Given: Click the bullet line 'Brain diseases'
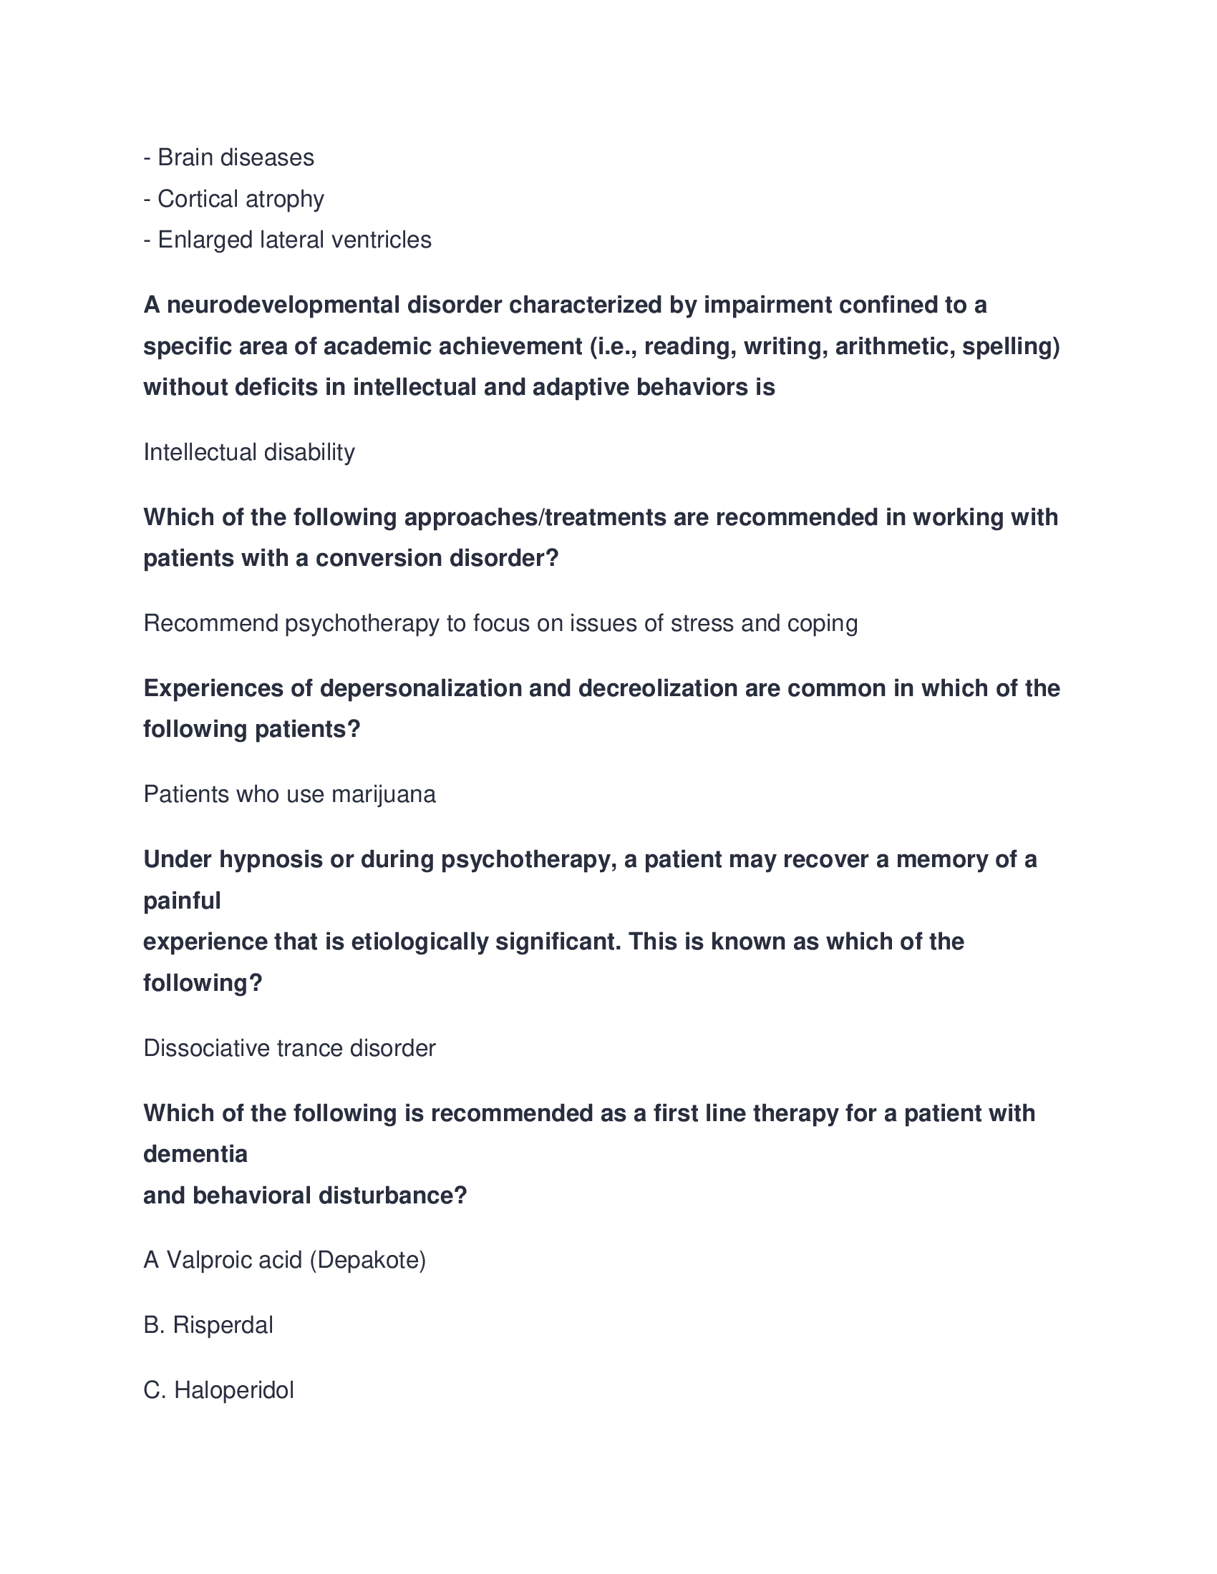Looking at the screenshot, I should (228, 158).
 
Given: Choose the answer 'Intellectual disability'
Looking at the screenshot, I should (248, 453).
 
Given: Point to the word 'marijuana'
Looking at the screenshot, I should (383, 794).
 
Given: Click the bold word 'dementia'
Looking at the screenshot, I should (195, 1155).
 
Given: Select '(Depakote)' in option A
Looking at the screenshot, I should (368, 1260).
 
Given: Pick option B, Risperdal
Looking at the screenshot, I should (208, 1324).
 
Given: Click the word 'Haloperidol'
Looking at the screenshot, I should (233, 1390).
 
